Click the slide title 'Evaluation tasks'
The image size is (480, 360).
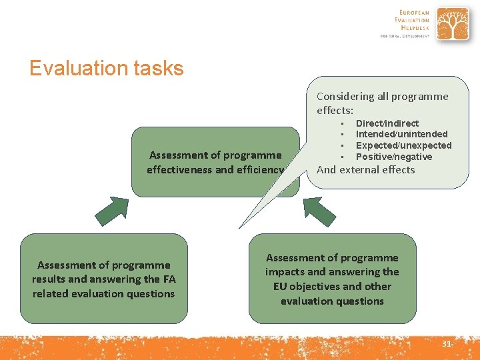coord(106,68)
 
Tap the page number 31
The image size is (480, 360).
coord(446,343)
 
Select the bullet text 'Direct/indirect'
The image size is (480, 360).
coord(387,123)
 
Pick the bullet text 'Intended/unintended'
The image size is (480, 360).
coord(401,134)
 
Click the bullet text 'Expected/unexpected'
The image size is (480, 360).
coord(403,145)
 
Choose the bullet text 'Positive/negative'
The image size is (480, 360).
coord(393,157)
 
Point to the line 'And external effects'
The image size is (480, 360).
coord(365,169)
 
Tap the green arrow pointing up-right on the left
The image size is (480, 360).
coord(111,212)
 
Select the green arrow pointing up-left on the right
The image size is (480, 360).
coord(320,212)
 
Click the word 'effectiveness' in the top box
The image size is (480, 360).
coord(179,169)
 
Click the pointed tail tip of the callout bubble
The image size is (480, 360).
coord(240,227)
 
